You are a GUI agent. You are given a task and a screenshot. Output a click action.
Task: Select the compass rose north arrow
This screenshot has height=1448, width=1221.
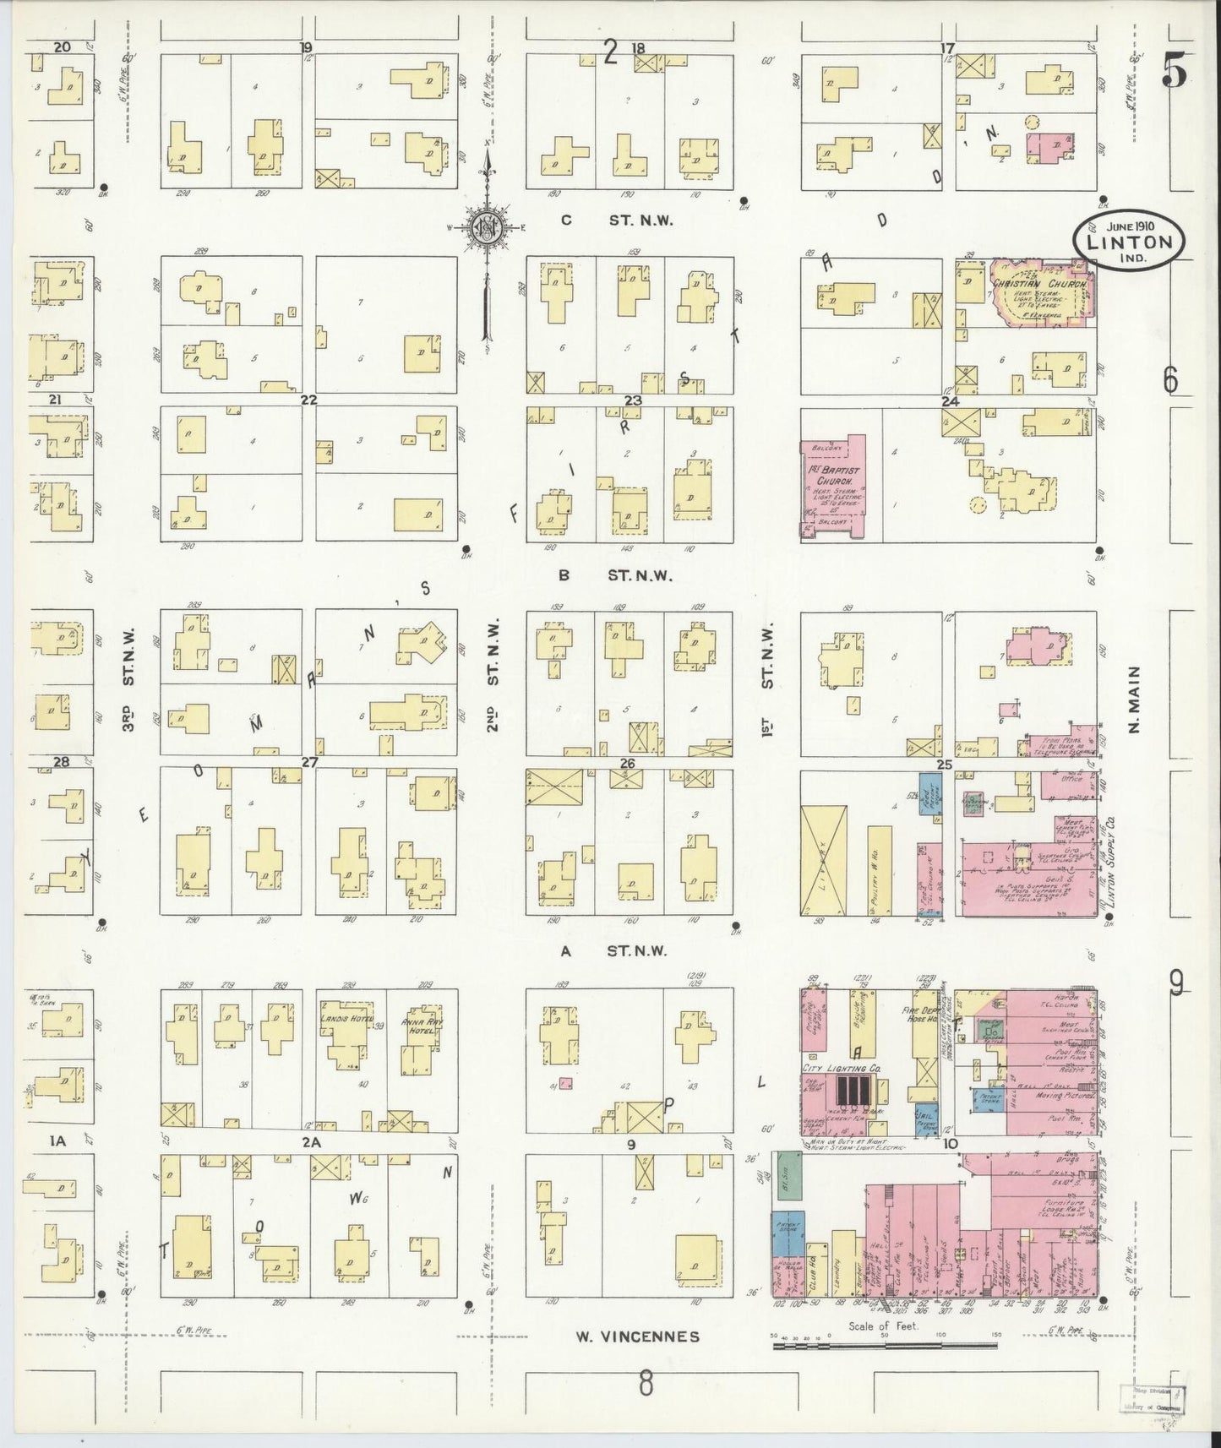pos(488,228)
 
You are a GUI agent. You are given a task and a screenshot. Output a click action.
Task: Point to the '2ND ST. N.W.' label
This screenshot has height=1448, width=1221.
pos(493,677)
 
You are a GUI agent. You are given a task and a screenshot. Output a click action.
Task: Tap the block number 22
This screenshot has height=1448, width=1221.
pos(309,399)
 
